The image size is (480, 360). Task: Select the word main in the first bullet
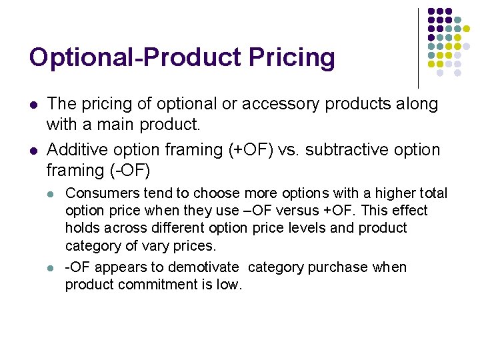click(x=110, y=124)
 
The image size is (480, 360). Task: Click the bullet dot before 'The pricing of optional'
click(x=33, y=105)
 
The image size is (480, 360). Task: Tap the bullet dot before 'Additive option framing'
click(x=33, y=151)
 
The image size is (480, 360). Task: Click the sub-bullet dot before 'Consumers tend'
click(x=52, y=194)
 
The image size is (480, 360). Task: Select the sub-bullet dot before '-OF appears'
click(x=52, y=268)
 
